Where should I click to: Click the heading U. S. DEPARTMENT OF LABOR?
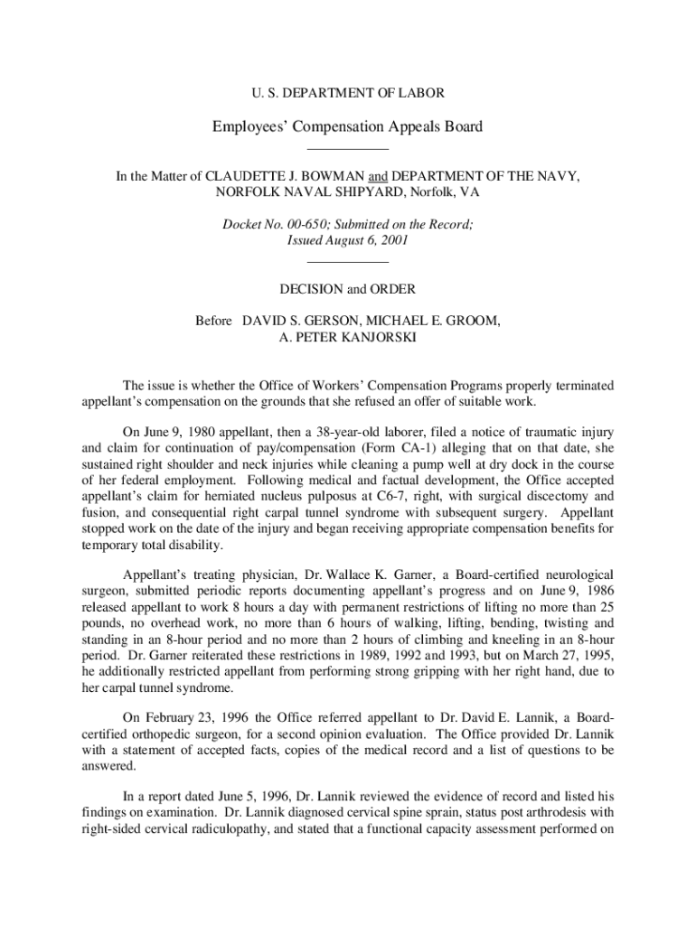347,92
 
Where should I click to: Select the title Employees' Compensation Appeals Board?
347,126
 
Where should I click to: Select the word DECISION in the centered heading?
313,289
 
